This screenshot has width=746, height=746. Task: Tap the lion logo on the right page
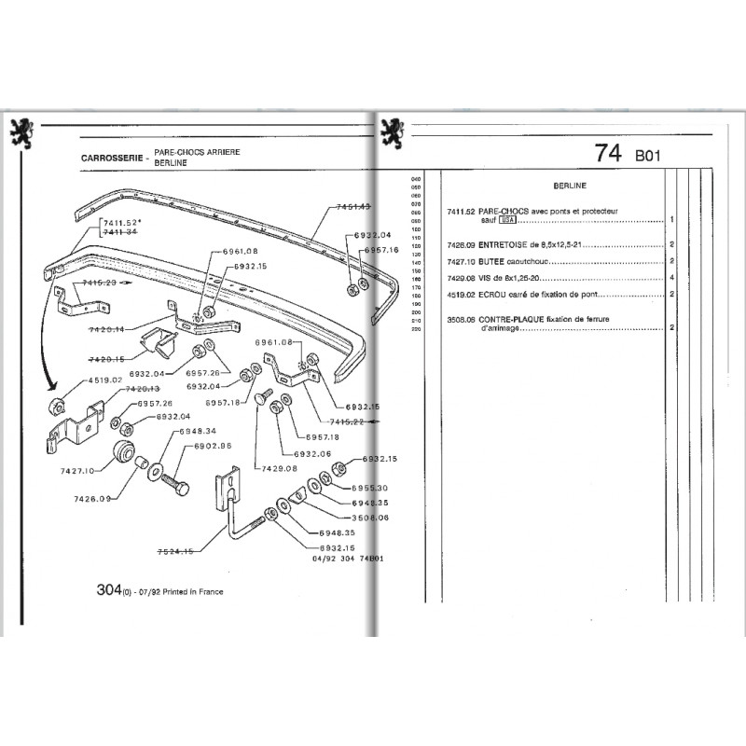[393, 133]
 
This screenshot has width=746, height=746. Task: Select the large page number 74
[608, 155]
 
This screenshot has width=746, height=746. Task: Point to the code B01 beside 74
[646, 157]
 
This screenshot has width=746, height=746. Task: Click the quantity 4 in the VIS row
[671, 278]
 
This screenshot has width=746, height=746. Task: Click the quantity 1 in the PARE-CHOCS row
[671, 220]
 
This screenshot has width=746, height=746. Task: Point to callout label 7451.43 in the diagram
[350, 207]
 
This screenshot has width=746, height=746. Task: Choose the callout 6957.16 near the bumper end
[381, 250]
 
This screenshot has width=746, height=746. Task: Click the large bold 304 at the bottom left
[112, 589]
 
